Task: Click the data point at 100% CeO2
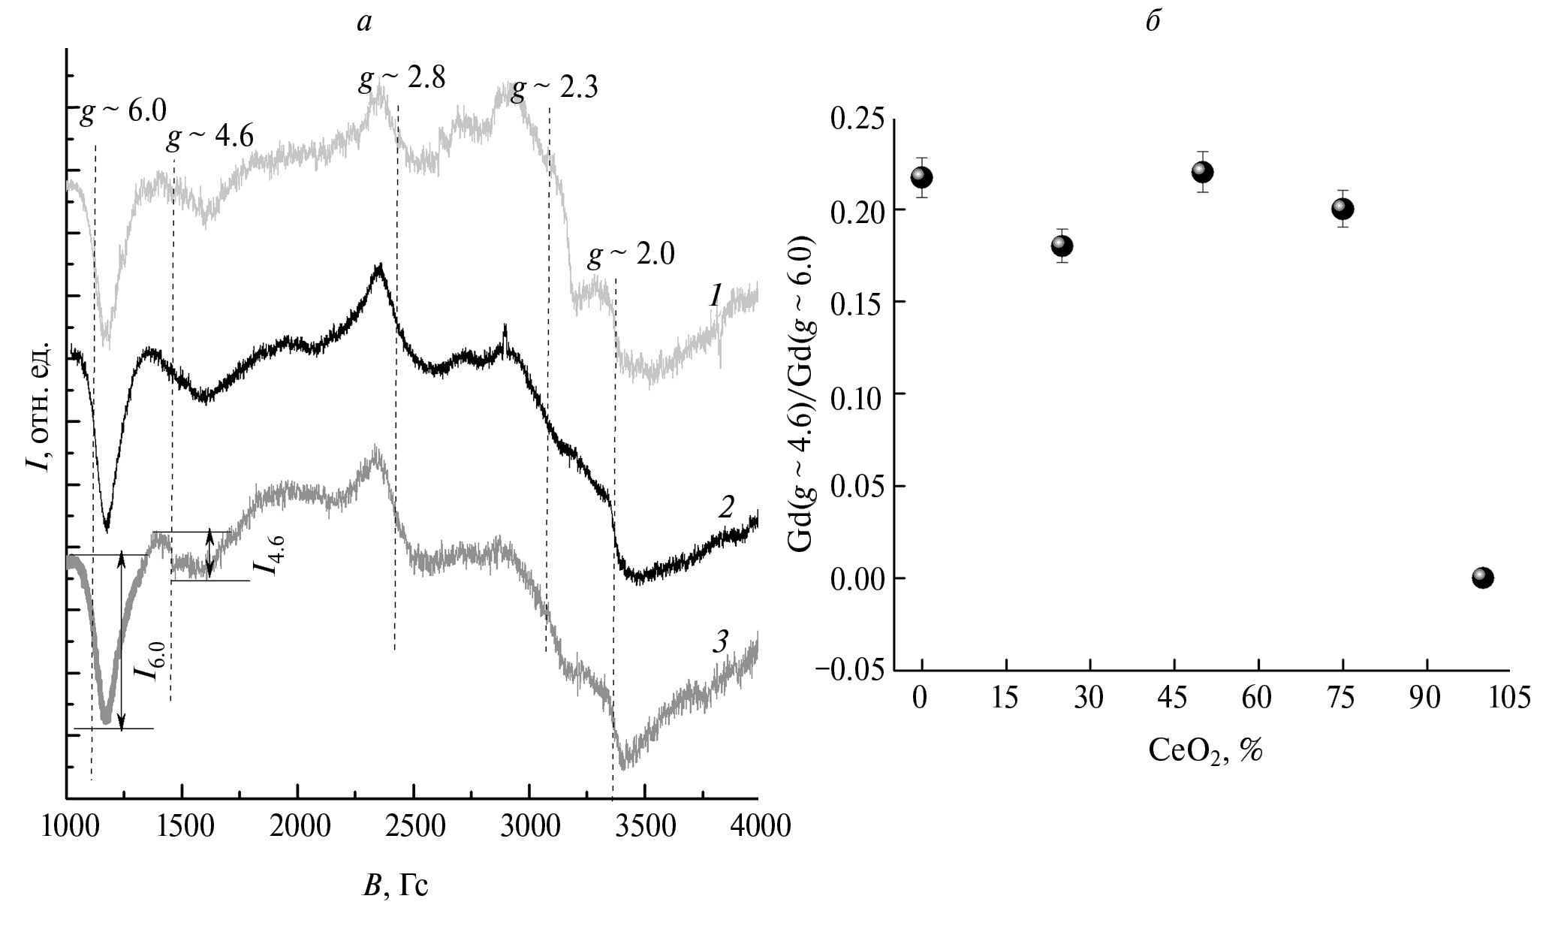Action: click(1481, 578)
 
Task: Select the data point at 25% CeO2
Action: click(1061, 246)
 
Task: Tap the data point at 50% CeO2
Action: click(1202, 172)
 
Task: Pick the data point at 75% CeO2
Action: click(1342, 209)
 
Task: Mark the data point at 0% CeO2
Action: click(921, 177)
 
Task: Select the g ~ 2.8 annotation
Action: click(402, 78)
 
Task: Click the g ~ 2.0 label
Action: click(631, 257)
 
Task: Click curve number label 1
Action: click(715, 297)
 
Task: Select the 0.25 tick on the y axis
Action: click(856, 119)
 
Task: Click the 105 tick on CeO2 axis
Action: click(1509, 699)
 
